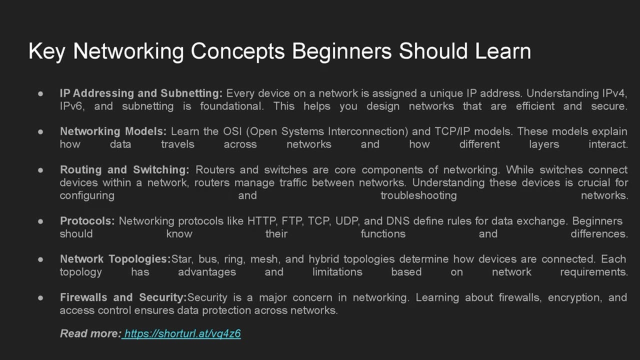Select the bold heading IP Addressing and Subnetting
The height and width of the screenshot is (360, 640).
[141, 93]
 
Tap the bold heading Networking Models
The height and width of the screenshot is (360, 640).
[113, 131]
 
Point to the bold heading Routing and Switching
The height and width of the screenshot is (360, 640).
[124, 170]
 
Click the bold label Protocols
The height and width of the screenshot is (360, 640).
[87, 221]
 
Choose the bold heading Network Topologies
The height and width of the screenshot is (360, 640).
[115, 259]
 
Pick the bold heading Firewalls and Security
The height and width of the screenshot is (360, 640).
[123, 297]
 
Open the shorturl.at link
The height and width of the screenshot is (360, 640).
[182, 333]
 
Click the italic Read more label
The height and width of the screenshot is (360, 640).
[90, 333]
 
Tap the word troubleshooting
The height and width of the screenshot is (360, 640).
[418, 195]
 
